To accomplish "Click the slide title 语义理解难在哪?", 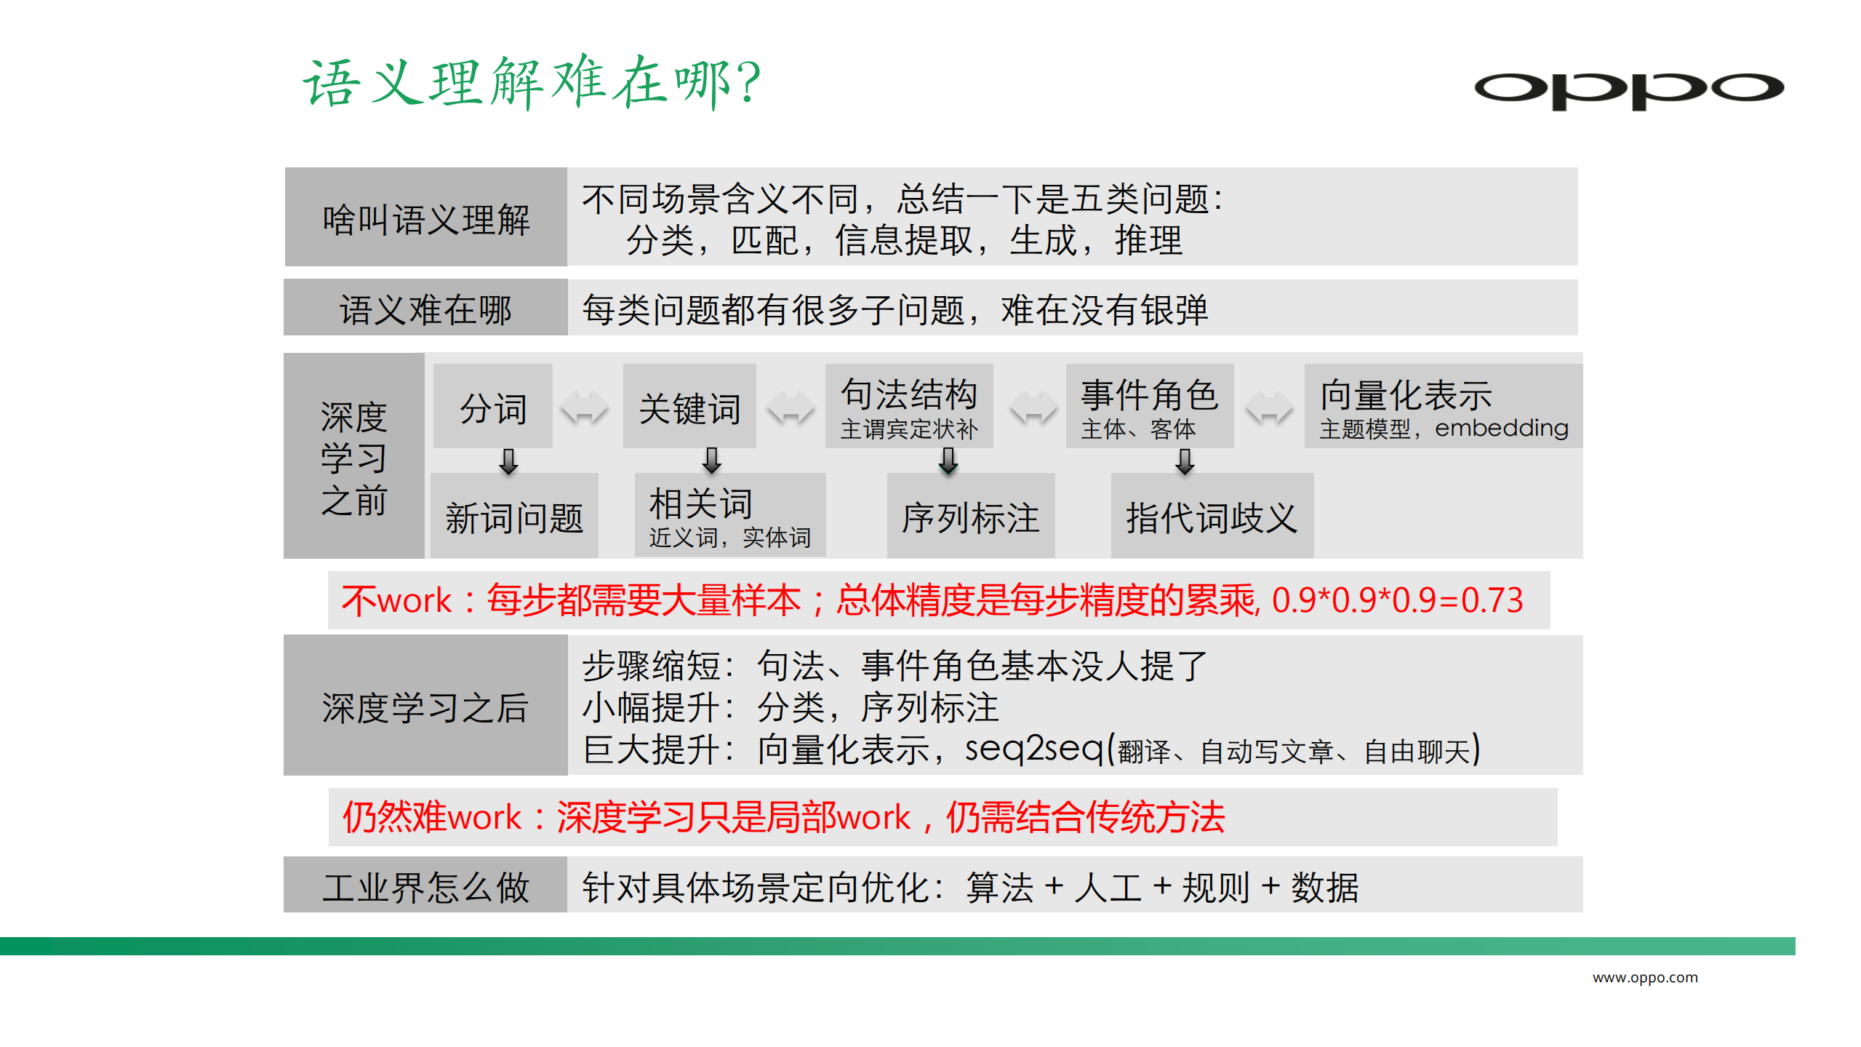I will click(x=532, y=82).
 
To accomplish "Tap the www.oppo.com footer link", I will click(x=1645, y=977).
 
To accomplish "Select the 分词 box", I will click(x=493, y=407).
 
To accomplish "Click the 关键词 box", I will click(x=689, y=407).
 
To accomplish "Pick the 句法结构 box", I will click(x=908, y=407).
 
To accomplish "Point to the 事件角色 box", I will click(x=1149, y=407).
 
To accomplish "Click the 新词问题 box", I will click(x=514, y=517).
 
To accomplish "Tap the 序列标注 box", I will click(x=970, y=517).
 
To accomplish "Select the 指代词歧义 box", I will click(x=1212, y=517).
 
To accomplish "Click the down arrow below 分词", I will click(x=509, y=461).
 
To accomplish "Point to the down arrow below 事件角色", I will click(x=1185, y=461).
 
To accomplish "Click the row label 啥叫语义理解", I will click(x=425, y=218).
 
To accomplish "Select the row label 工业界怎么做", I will click(x=425, y=886).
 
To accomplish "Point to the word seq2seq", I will click(x=1033, y=749).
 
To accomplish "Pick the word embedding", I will click(x=1501, y=428).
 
